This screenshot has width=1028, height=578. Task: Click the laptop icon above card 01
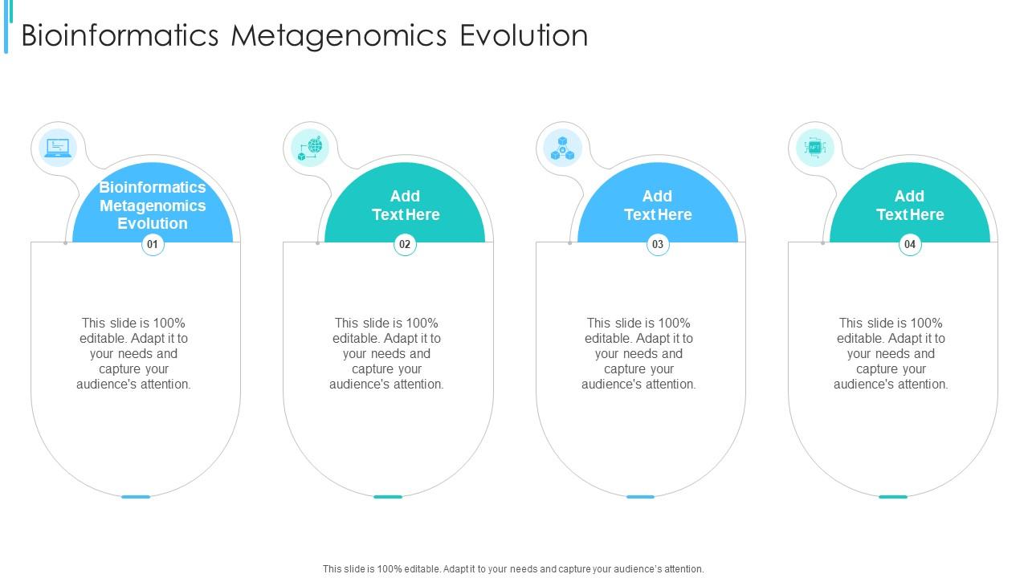pos(58,148)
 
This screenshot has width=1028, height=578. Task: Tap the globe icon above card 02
pos(311,148)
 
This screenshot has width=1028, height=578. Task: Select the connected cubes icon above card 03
pos(563,148)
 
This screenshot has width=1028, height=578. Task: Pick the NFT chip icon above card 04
pos(815,148)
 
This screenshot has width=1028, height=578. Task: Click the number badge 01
pos(153,244)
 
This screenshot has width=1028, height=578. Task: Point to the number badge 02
pos(405,244)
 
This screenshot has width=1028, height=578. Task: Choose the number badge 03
pos(658,244)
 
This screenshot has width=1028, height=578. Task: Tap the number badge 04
pos(910,244)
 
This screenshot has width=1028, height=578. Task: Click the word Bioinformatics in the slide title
pos(120,36)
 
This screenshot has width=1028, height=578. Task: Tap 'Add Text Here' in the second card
pos(406,206)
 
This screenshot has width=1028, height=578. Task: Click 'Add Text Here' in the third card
pos(658,206)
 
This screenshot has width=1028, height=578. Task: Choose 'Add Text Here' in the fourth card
pos(910,206)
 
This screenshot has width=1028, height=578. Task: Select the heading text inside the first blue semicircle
pos(153,206)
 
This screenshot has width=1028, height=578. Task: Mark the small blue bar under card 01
pos(136,497)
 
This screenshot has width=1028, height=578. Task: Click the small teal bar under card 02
pos(388,497)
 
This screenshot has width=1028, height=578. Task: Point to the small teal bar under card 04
pos(892,497)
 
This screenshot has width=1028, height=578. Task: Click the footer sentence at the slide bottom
pos(513,568)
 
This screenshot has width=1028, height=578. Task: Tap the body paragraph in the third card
pos(639,353)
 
